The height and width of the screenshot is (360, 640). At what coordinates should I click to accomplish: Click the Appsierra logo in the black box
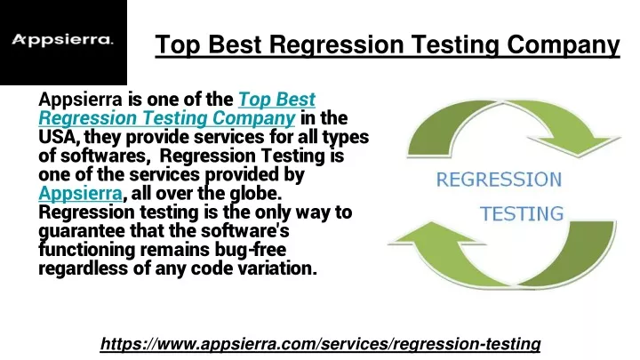point(62,40)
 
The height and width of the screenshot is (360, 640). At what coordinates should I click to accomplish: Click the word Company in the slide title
point(564,44)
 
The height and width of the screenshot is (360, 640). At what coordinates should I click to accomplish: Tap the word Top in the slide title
point(178,44)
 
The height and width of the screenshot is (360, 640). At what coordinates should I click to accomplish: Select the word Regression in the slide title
point(336,44)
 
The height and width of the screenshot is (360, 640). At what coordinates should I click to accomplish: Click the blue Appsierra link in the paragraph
point(80,194)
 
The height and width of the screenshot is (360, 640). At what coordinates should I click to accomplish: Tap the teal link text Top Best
point(276,100)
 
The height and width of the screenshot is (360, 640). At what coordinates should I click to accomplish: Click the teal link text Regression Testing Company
point(167,118)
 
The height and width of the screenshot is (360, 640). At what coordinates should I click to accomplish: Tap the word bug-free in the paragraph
point(251,250)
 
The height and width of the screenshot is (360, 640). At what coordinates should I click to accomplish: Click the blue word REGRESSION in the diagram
point(499,180)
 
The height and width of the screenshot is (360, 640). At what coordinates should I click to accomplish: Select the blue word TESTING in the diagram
point(522,214)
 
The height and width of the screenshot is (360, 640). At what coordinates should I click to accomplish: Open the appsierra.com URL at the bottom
point(320,344)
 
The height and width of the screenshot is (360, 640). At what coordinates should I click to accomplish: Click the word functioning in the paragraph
point(86,250)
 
